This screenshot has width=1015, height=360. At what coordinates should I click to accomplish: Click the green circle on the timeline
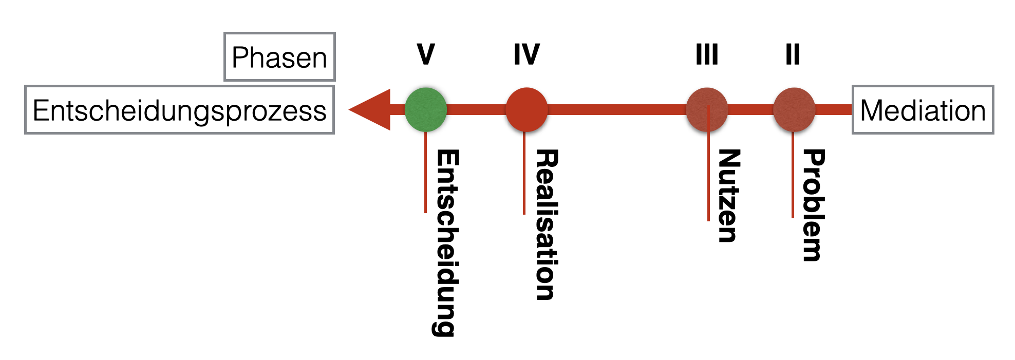pyautogui.click(x=425, y=109)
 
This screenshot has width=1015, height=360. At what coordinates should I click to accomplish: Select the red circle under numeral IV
pyautogui.click(x=527, y=109)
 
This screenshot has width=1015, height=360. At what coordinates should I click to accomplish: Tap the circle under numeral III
pyautogui.click(x=707, y=109)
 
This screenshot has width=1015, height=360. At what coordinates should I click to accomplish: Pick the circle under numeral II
pyautogui.click(x=794, y=109)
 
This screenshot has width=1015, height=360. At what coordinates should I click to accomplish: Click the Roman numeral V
pyautogui.click(x=426, y=54)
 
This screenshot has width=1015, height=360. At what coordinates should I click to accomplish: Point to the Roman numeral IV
pyautogui.click(x=527, y=54)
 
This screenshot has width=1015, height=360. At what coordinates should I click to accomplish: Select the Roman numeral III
pyautogui.click(x=707, y=54)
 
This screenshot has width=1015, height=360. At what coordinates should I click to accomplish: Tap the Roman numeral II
pyautogui.click(x=793, y=54)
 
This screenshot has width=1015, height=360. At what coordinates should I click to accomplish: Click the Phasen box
pyautogui.click(x=279, y=57)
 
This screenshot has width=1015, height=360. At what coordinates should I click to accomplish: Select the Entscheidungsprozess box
pyautogui.click(x=179, y=110)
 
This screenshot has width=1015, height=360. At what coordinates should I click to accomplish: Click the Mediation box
pyautogui.click(x=923, y=110)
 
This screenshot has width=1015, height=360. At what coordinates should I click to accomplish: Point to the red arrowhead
pyautogui.click(x=371, y=109)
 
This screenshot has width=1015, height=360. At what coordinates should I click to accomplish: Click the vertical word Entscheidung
pyautogui.click(x=445, y=242)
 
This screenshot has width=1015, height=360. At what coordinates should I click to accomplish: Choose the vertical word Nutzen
pyautogui.click(x=728, y=196)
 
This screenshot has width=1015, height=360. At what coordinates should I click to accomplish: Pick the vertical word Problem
pyautogui.click(x=813, y=205)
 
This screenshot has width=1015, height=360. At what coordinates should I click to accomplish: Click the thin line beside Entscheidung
pyautogui.click(x=425, y=172)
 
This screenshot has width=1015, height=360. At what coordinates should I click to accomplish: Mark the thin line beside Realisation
pyautogui.click(x=524, y=173)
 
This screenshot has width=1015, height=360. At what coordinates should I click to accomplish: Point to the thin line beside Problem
pyautogui.click(x=793, y=175)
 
